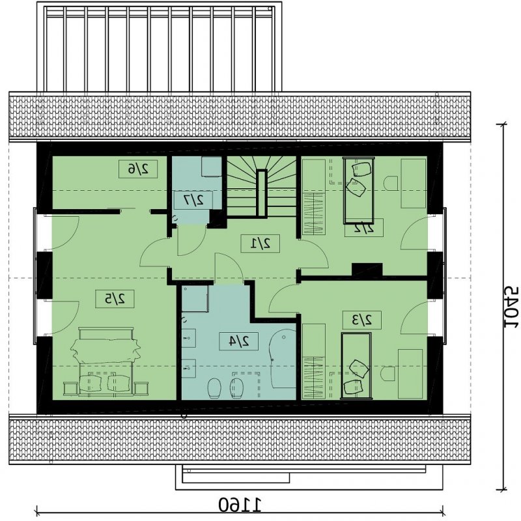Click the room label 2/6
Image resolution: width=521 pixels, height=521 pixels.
pyautogui.click(x=138, y=169)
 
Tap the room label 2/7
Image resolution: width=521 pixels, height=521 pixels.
pyautogui.click(x=193, y=200)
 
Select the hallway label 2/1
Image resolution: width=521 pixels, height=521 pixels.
pyautogui.click(x=260, y=244)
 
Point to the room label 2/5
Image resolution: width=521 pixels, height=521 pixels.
pyautogui.click(x=115, y=299)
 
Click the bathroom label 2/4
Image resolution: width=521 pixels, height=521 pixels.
pyautogui.click(x=238, y=341)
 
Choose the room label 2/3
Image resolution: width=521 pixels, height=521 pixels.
pyautogui.click(x=361, y=320)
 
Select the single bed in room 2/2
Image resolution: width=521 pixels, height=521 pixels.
pyautogui.click(x=359, y=190)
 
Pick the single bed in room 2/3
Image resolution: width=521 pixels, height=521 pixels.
pyautogui.click(x=356, y=365)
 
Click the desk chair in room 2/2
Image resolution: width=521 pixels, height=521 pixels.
pyautogui.click(x=391, y=183)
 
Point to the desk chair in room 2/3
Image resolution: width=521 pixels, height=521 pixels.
pyautogui.click(x=387, y=374)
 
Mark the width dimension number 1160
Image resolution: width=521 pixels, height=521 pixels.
pyautogui.click(x=240, y=505)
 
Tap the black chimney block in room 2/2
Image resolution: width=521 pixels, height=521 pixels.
pyautogui.click(x=367, y=270)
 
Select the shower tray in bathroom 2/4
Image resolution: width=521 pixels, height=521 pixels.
pyautogui.click(x=195, y=298)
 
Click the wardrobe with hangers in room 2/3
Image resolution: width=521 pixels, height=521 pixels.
pyautogui.click(x=313, y=361)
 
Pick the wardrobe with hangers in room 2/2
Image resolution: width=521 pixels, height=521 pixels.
pyautogui.click(x=314, y=197)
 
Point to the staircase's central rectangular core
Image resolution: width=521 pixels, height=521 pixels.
pyautogui.click(x=262, y=193)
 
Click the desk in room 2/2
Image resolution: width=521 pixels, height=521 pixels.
pyautogui.click(x=414, y=184)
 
